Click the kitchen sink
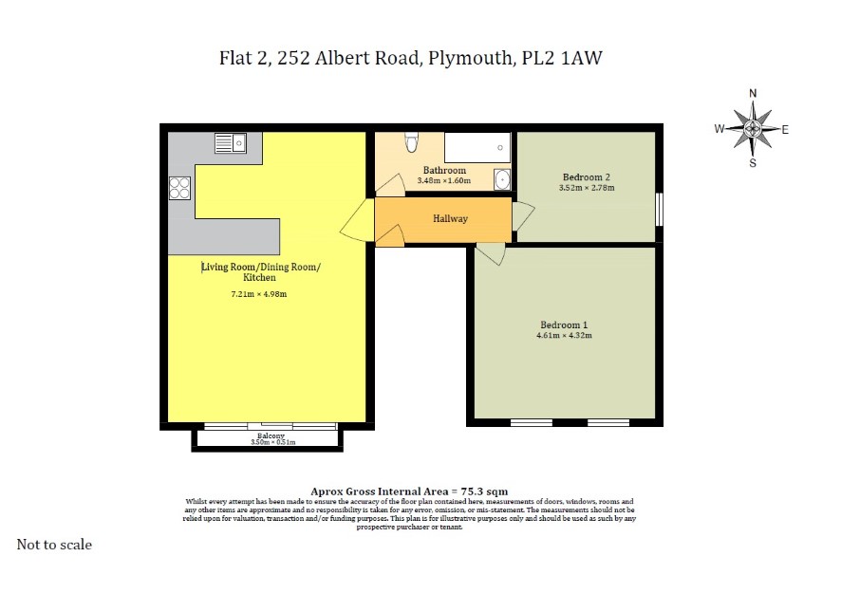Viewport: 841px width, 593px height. [230, 143]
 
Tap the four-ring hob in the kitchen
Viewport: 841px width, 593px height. [179, 188]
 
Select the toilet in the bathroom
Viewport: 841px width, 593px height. [411, 142]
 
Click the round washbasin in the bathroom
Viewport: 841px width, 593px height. [502, 179]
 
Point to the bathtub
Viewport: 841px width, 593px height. [477, 147]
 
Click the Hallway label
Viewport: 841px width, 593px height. [451, 219]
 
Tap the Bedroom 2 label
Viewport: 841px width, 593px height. [587, 176]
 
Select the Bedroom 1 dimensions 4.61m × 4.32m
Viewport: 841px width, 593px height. [564, 336]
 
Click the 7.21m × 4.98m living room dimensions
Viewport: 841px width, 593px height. [258, 294]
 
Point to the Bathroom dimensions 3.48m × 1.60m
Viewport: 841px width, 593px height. [444, 180]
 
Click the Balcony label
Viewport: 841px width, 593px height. [271, 435]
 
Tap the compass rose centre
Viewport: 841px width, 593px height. [753, 128]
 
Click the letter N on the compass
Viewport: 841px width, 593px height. [753, 93]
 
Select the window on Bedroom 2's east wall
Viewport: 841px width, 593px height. [659, 210]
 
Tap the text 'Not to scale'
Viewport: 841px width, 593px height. [54, 545]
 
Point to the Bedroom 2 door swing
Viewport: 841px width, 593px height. [523, 216]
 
